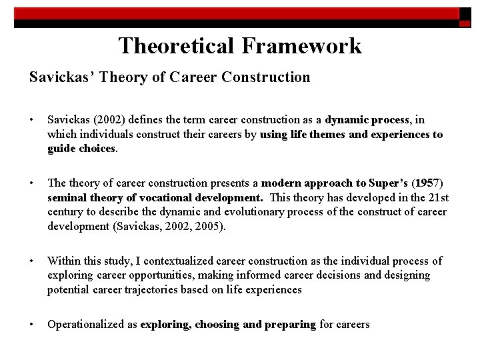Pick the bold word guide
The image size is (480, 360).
click(x=61, y=148)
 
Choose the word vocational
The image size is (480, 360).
click(x=164, y=197)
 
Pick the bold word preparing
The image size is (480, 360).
click(x=289, y=324)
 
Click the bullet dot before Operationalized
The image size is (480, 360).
click(x=33, y=324)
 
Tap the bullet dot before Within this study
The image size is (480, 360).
click(x=33, y=261)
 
